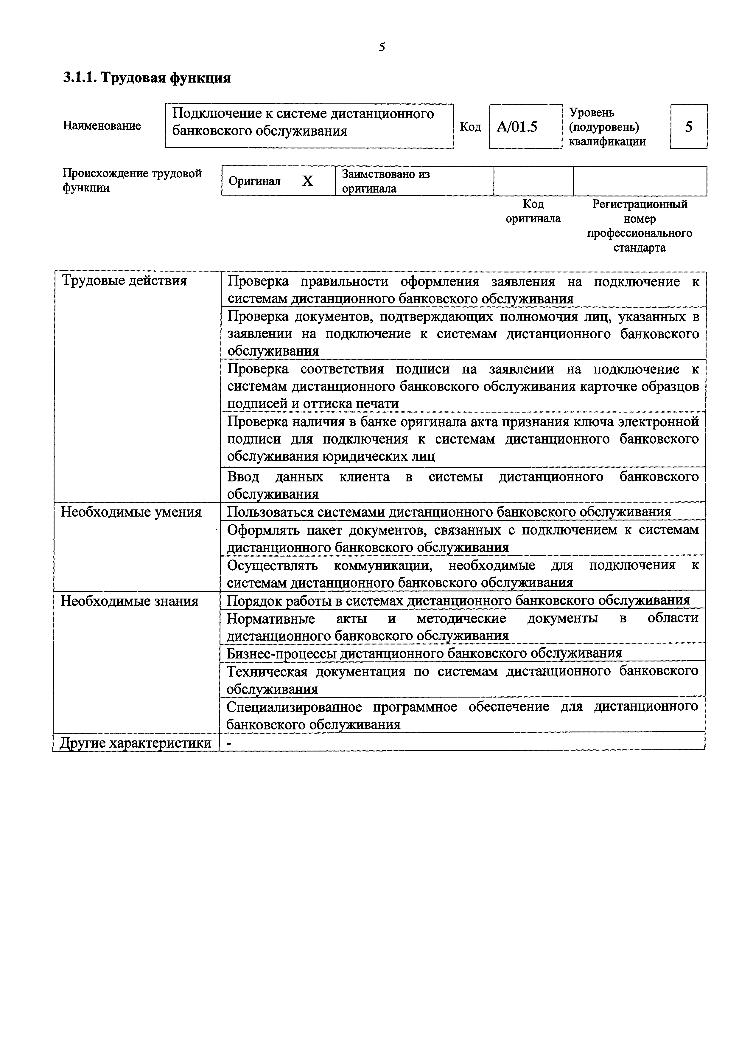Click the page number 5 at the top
pos(382,47)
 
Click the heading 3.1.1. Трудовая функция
pos(147,78)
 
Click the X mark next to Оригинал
pos(308,181)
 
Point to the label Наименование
pos(102,126)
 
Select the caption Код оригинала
pos(533,211)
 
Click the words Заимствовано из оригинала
pos(386,181)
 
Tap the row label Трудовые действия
pos(124,281)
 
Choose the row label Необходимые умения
pos(131,512)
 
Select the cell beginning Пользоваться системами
pos(449,512)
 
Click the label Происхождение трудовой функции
pos(132,180)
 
